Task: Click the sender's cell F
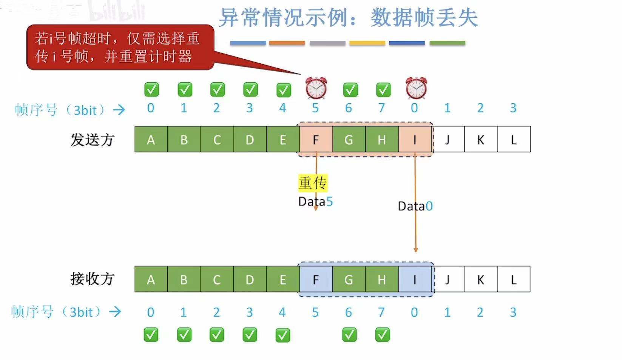click(x=316, y=140)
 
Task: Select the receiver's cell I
click(x=415, y=280)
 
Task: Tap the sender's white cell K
click(x=480, y=140)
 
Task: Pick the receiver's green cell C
click(x=217, y=280)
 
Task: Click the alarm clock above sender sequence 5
click(x=316, y=88)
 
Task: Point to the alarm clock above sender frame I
click(x=416, y=88)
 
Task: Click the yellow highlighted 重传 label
click(x=313, y=183)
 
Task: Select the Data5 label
click(x=315, y=202)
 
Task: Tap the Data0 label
click(x=415, y=206)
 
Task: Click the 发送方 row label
click(x=92, y=140)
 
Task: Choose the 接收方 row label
click(x=92, y=279)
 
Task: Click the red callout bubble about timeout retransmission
click(x=120, y=48)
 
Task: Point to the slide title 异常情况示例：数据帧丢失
click(x=348, y=18)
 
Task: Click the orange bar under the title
click(x=287, y=43)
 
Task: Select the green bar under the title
click(x=447, y=43)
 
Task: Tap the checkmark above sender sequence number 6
click(x=350, y=90)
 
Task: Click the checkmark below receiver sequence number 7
click(x=382, y=335)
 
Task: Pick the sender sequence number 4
click(x=282, y=108)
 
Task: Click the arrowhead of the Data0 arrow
click(x=415, y=250)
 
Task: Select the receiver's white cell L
click(x=514, y=280)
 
